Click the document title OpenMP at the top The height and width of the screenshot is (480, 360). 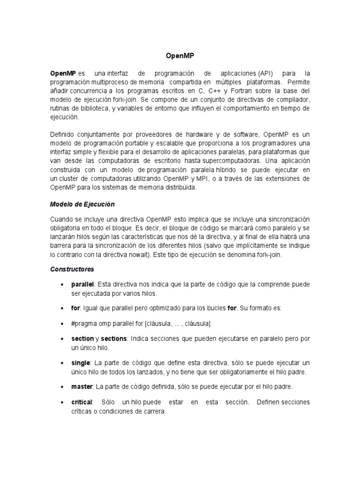[x=180, y=56]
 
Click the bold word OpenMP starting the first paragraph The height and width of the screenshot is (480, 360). [x=63, y=74]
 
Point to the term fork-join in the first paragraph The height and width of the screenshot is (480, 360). [x=115, y=100]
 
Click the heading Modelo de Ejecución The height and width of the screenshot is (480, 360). [x=82, y=204]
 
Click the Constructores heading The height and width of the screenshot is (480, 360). [x=72, y=269]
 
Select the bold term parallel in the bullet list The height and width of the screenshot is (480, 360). [x=82, y=285]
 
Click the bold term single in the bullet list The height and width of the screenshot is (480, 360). [x=81, y=363]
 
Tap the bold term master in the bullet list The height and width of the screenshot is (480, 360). [x=82, y=387]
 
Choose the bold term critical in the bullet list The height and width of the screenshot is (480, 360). [x=82, y=402]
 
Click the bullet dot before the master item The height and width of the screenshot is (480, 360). [x=62, y=387]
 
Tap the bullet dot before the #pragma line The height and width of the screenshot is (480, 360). [x=62, y=324]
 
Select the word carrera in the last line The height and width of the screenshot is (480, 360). [x=154, y=411]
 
